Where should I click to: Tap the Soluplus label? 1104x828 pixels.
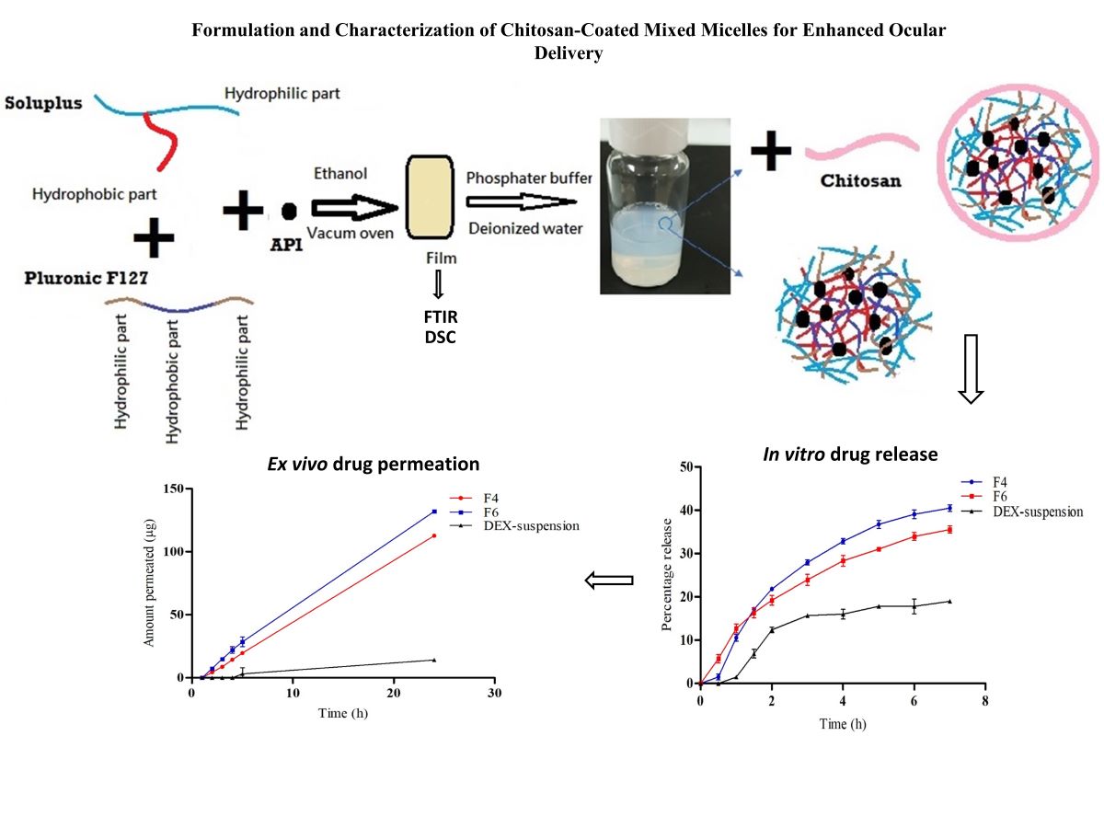44,102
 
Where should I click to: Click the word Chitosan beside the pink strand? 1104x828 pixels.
861,181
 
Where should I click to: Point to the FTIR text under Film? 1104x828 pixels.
438,318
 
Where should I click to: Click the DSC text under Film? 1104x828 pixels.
438,338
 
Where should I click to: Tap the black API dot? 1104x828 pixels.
289,211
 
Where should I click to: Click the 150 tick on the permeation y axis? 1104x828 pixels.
173,489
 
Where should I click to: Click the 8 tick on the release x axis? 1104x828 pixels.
985,700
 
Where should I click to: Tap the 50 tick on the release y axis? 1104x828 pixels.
684,466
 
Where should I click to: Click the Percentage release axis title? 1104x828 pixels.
669,576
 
